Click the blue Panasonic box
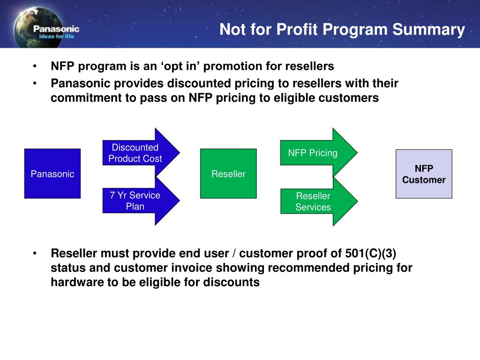[52, 173]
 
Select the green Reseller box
[228, 173]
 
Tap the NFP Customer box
[424, 174]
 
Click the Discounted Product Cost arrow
[141, 152]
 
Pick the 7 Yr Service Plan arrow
[141, 201]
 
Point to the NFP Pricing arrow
[319, 152]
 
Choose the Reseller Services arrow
[319, 202]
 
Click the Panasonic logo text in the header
[56, 29]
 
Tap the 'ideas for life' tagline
[57, 36]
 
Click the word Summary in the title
[428, 30]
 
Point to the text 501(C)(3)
[370, 254]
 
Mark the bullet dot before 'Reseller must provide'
[35, 253]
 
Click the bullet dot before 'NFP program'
[35, 66]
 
